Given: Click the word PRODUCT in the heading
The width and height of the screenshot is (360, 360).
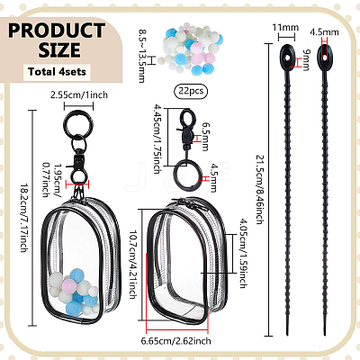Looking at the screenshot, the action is [x=57, y=30].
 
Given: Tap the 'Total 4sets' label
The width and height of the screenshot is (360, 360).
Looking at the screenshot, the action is [x=57, y=72].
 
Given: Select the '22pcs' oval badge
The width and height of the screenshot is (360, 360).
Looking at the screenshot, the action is [x=191, y=91].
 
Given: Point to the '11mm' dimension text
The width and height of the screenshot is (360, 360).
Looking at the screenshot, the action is [x=285, y=27].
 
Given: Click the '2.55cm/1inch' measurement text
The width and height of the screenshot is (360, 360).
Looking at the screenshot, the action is [x=79, y=95].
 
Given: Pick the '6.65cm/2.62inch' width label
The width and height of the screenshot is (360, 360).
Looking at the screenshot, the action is [x=175, y=341].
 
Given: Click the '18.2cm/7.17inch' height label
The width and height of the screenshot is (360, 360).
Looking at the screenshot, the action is [x=24, y=218].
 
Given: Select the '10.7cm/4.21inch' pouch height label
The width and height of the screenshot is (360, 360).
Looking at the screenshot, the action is [x=132, y=265].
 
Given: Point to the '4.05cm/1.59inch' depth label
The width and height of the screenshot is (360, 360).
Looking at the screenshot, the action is [x=244, y=253].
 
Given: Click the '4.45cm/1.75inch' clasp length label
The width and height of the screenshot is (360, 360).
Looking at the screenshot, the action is [x=157, y=139].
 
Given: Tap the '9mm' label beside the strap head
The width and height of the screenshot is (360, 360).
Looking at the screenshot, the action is [x=306, y=60].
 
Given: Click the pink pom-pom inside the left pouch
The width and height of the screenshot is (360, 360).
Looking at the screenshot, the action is [x=69, y=286].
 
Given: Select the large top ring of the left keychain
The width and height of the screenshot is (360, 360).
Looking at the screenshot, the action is [x=78, y=122].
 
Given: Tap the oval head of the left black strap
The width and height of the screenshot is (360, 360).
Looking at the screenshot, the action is [x=288, y=58].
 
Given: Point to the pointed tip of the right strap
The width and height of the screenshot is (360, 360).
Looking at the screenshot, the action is [x=325, y=335].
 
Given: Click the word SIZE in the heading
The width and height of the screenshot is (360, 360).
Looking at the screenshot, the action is [x=59, y=49].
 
